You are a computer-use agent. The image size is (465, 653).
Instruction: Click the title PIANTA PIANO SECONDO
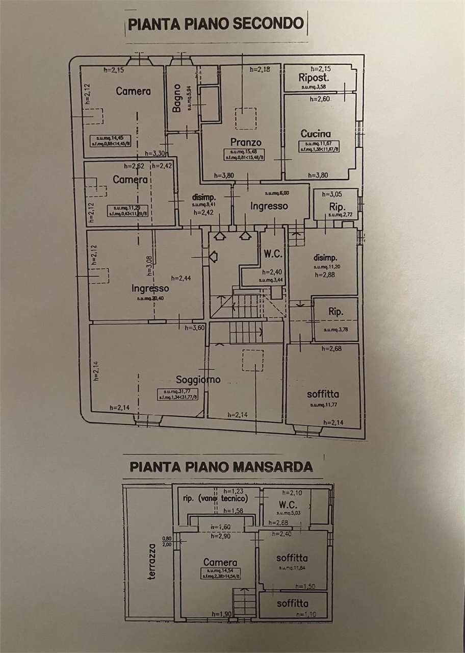(x=216, y=24)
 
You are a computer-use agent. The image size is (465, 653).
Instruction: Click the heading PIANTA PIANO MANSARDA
(x=221, y=466)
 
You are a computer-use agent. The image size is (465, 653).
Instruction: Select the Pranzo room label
(x=245, y=142)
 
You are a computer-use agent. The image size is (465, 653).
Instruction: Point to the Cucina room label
(x=316, y=134)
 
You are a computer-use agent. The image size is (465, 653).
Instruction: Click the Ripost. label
(x=314, y=78)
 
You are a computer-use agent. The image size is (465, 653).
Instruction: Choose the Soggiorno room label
(x=198, y=380)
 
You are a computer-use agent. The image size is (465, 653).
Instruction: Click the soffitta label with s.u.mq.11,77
(x=323, y=394)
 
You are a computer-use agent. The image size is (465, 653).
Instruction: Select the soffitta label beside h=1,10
(x=293, y=603)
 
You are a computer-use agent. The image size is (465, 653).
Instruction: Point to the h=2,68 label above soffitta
(x=334, y=349)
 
